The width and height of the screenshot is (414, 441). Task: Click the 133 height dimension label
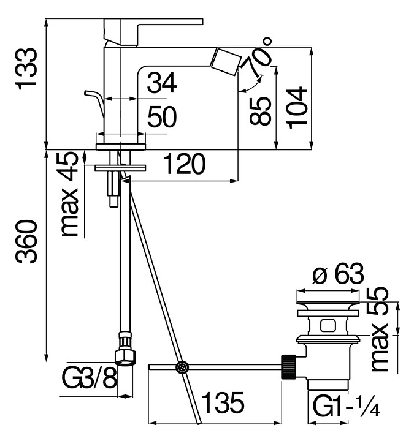27,69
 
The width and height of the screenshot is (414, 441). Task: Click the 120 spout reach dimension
183,164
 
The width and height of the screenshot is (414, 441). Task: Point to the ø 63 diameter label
338,274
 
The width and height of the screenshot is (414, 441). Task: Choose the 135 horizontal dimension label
224,403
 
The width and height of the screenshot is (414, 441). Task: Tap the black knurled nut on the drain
288,366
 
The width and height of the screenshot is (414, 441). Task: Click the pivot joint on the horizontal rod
182,367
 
